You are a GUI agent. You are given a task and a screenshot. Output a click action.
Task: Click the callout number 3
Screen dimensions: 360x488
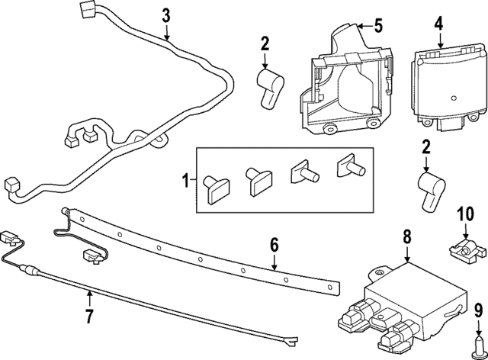[166, 14]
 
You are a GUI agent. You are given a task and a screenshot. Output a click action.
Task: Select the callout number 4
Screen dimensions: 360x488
[438, 24]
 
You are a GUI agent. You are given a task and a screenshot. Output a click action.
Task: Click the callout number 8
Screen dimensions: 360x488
[406, 236]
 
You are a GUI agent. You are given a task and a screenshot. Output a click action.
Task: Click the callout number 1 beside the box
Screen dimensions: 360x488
[184, 182]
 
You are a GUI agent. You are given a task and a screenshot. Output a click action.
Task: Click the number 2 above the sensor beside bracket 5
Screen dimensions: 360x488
[265, 43]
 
